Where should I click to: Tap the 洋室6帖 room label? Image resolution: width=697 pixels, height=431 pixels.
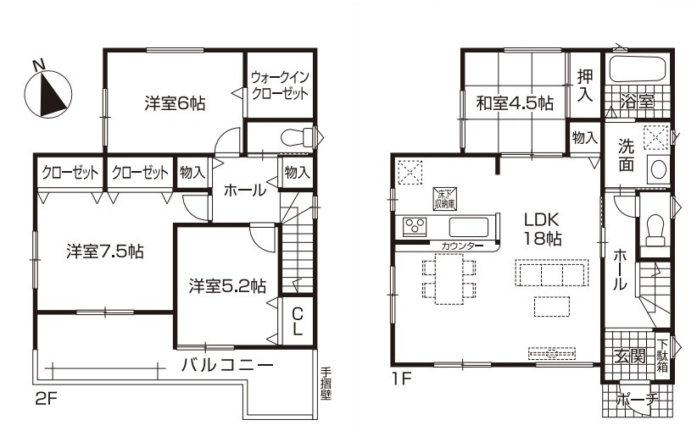175,103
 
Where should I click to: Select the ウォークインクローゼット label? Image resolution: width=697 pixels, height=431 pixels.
280,86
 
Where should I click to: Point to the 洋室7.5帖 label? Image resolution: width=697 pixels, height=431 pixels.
105,251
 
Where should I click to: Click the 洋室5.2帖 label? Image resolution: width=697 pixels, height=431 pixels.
227,286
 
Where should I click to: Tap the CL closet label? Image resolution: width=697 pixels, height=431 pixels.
298,322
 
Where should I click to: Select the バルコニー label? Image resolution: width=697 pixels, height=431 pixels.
227,365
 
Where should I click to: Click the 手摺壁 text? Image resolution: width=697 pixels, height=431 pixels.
326,384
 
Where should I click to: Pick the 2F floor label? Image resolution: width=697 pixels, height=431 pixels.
46,399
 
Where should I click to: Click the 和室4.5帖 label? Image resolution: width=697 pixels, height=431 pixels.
515,103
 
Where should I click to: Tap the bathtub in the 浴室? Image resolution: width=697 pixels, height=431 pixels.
637,69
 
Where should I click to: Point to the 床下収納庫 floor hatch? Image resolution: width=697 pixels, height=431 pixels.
445,198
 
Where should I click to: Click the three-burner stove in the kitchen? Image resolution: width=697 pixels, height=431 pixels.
415,227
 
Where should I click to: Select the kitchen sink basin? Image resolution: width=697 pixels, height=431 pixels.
469,227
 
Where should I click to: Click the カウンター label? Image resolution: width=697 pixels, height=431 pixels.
460,246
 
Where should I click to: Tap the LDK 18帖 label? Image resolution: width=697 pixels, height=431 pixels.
542,229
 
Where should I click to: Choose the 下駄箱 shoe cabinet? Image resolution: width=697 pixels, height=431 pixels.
662,356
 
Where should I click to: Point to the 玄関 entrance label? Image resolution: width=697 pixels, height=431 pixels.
630,356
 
